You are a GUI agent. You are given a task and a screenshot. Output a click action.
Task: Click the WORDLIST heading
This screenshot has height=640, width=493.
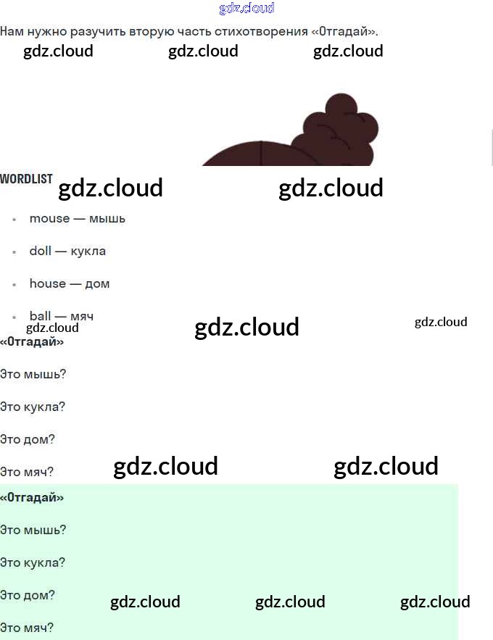[26, 178]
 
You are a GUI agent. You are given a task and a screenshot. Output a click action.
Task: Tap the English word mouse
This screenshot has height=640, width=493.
[49, 218]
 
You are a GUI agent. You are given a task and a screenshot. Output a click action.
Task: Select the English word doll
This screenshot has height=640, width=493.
[40, 251]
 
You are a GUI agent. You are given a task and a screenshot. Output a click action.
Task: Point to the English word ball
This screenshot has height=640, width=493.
[40, 315]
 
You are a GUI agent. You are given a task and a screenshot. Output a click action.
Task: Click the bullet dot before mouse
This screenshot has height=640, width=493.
[14, 219]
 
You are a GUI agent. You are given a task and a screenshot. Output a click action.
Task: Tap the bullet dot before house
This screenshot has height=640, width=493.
[14, 284]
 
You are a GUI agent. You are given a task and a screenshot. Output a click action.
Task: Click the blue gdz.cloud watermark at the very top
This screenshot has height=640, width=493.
[246, 8]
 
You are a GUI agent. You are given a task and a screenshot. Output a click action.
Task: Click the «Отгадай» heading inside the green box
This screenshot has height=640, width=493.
[32, 497]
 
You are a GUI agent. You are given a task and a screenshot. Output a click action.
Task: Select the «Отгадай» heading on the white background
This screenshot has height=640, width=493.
[32, 341]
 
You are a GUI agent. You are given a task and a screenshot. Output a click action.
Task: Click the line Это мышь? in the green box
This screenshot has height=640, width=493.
[33, 530]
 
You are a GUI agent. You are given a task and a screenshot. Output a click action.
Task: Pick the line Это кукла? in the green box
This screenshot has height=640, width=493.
[33, 562]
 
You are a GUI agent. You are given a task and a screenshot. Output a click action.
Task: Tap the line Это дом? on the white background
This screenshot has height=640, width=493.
[28, 439]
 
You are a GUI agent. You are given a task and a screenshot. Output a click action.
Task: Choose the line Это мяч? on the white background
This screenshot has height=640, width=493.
[27, 472]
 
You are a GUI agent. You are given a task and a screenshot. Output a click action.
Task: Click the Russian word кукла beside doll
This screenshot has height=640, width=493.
[88, 251]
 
